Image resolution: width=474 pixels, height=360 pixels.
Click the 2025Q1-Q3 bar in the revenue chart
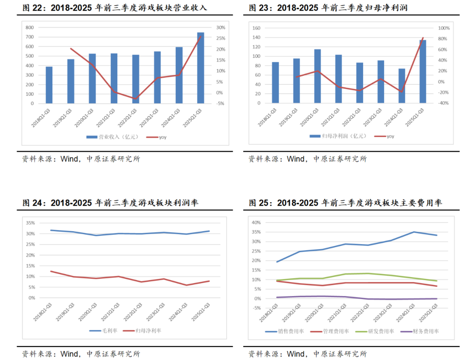click(200, 68)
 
